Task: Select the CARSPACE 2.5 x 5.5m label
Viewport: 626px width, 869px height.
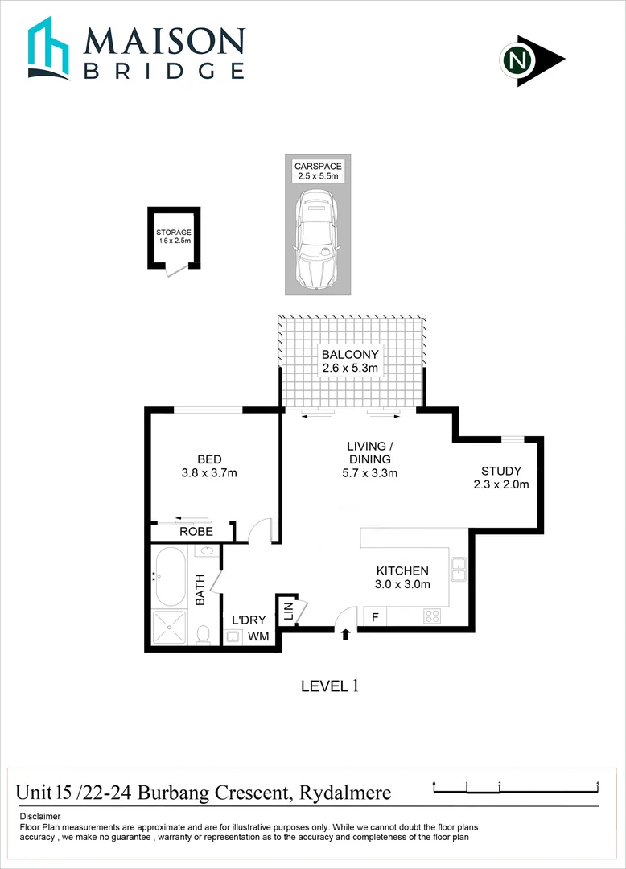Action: coord(317,171)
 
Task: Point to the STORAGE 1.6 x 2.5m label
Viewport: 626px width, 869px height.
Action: coord(174,237)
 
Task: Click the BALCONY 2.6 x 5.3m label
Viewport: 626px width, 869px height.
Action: coord(350,360)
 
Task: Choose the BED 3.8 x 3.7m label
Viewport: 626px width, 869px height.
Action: coord(209,466)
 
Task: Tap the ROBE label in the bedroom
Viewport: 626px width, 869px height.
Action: coord(196,532)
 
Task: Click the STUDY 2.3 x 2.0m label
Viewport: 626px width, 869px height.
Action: coord(501,477)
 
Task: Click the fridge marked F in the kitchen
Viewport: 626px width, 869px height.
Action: coord(374,617)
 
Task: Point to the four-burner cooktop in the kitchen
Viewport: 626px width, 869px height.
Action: coord(432,617)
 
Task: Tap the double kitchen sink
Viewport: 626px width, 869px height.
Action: coord(459,569)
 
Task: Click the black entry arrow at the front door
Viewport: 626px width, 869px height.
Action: coord(345,635)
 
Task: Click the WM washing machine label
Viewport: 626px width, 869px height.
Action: coord(257,636)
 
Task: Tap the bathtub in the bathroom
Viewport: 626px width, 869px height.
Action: coord(170,577)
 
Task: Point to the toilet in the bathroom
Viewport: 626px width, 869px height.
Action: coord(204,635)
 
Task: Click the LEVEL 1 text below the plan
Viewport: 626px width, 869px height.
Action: coord(328,686)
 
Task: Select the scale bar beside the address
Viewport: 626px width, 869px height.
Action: coord(516,788)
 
